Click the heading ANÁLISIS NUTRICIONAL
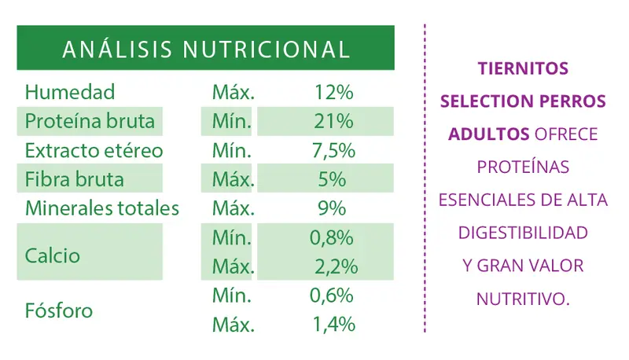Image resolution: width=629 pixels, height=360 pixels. click(x=205, y=49)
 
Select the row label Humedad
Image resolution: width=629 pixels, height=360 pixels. click(x=70, y=92)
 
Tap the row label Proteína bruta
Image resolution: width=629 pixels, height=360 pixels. click(x=90, y=122)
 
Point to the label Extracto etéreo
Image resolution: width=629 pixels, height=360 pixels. click(x=94, y=150)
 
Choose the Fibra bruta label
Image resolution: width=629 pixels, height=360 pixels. click(x=75, y=179)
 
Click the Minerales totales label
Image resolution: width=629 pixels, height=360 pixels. click(x=102, y=208)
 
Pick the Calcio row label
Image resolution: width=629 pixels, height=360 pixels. click(x=53, y=255)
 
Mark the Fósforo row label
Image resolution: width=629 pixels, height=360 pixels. click(x=59, y=310)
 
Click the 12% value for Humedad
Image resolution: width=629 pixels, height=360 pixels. click(x=333, y=92)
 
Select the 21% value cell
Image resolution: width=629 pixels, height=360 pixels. click(x=333, y=122)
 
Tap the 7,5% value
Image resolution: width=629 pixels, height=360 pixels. click(x=333, y=150)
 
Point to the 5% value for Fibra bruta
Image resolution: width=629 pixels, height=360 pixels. click(x=333, y=179)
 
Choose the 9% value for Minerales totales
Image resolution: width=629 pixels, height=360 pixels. click(x=333, y=208)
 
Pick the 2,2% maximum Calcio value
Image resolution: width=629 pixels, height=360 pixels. click(x=333, y=266)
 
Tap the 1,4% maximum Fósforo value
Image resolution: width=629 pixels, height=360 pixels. click(x=333, y=324)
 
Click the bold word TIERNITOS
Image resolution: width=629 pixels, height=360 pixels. click(x=523, y=68)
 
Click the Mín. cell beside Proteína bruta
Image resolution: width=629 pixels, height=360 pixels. click(x=233, y=122)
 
